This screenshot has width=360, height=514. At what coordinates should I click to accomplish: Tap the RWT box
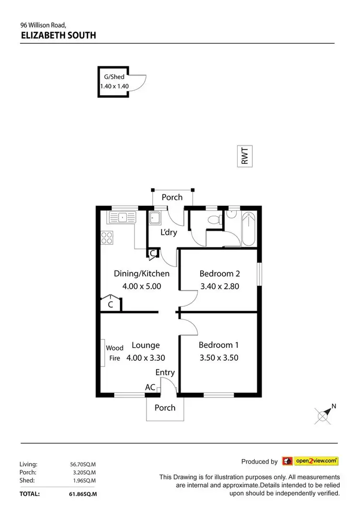245,156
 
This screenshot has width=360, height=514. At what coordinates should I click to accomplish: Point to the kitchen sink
122,218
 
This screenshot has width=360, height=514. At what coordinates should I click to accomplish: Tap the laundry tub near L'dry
155,218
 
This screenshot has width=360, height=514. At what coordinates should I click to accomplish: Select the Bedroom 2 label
219,274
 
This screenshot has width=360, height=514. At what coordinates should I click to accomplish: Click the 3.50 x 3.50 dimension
219,357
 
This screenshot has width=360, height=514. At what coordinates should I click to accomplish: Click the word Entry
165,372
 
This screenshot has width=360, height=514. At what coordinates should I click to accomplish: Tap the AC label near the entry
150,387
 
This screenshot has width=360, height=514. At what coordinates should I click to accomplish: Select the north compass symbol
324,414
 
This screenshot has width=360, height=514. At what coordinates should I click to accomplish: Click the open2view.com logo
310,461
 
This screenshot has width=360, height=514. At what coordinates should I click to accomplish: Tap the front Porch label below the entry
165,408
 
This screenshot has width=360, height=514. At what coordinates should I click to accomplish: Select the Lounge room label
145,345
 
